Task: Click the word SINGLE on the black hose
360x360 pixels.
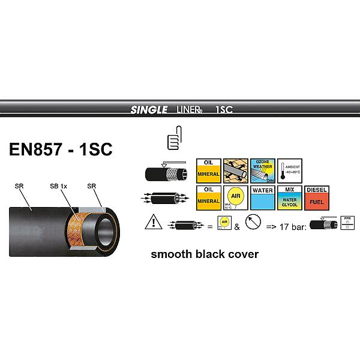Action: (x=146, y=109)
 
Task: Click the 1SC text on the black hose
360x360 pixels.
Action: (x=224, y=109)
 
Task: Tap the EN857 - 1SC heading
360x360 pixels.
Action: (x=61, y=149)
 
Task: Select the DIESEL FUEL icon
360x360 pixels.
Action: (x=316, y=197)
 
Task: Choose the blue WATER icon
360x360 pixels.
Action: (x=262, y=197)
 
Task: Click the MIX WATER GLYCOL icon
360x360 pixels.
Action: (x=289, y=197)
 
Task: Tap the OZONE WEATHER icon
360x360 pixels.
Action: (x=262, y=170)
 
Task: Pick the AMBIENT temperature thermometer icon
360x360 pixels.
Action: (x=289, y=170)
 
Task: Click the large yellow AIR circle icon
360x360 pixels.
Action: (x=235, y=197)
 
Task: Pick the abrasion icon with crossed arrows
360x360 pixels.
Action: (x=235, y=170)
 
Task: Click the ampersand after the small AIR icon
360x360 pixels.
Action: (x=236, y=227)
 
